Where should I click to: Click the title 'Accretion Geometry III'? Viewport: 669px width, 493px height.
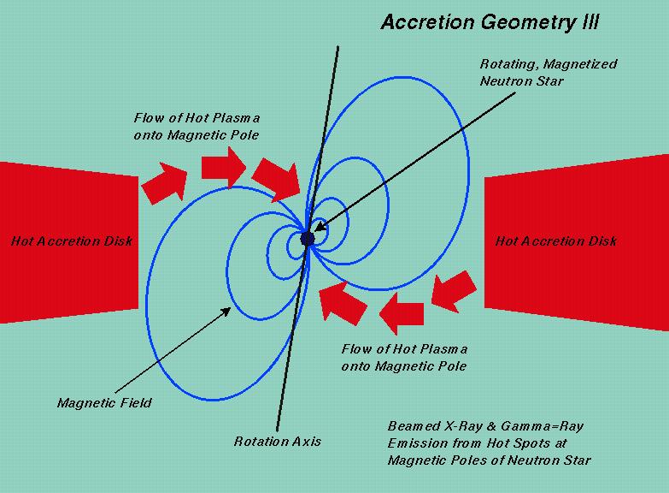[490, 22]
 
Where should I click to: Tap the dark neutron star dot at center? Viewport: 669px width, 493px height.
[308, 238]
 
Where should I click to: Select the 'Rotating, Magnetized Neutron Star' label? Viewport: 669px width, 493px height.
[548, 72]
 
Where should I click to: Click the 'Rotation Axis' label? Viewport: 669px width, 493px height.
[278, 442]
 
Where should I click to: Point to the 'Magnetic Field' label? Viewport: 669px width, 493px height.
[104, 402]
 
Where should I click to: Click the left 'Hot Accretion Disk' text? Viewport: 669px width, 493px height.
[72, 241]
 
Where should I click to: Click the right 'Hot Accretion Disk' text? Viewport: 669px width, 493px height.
[556, 241]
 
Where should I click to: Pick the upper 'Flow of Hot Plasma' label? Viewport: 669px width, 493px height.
[197, 125]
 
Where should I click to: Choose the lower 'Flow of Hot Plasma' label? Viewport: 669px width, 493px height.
[404, 358]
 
